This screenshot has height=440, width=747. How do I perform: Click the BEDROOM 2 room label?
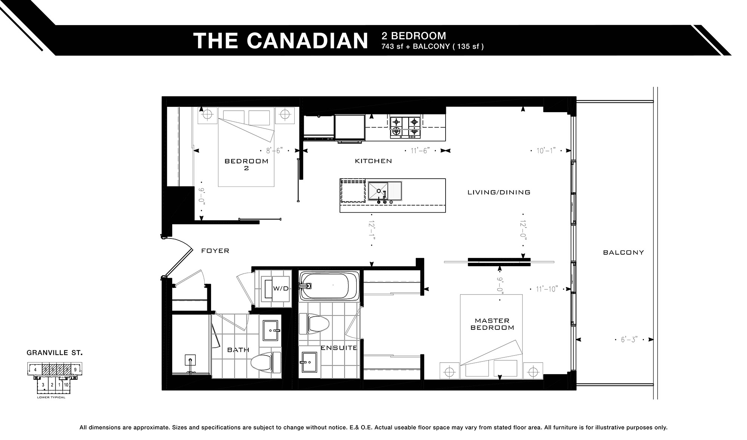pyautogui.click(x=246, y=164)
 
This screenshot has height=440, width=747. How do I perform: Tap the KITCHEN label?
pyautogui.click(x=373, y=161)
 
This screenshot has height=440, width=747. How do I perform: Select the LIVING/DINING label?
pyautogui.click(x=499, y=193)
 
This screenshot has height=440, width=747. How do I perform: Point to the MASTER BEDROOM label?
pyautogui.click(x=492, y=324)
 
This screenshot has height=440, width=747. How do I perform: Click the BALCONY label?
pyautogui.click(x=623, y=253)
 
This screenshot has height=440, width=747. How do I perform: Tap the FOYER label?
pyautogui.click(x=215, y=251)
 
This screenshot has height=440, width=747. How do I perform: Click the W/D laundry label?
pyautogui.click(x=281, y=289)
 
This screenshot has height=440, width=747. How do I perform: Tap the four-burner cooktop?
pyautogui.click(x=405, y=126)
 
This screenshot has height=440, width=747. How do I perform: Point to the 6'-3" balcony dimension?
pyautogui.click(x=629, y=340)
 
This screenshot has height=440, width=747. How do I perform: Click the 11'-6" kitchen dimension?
pyautogui.click(x=420, y=151)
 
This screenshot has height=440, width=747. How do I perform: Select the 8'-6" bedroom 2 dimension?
pyautogui.click(x=274, y=151)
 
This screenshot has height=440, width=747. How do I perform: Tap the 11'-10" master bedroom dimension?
pyautogui.click(x=546, y=289)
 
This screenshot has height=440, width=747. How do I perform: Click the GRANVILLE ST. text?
pyautogui.click(x=55, y=353)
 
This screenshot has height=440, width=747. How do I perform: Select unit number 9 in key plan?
pyautogui.click(x=75, y=370)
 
